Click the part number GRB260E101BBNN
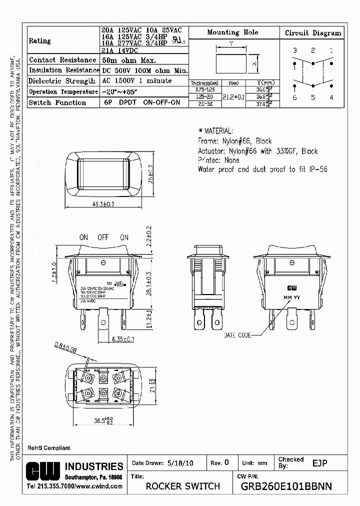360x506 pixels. coord(286,486)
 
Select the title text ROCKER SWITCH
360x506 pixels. coord(182,486)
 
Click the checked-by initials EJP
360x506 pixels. coord(319,463)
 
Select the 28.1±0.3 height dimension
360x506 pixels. coord(148,283)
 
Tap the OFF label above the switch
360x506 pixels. coord(103,237)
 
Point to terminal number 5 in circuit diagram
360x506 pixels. coord(313,97)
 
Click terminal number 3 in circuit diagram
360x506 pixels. coord(294,50)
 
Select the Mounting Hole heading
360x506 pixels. coord(232,32)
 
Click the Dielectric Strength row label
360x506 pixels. coord(61,81)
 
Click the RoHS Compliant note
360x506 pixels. coord(48,448)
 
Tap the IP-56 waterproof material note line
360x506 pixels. coord(262,169)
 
